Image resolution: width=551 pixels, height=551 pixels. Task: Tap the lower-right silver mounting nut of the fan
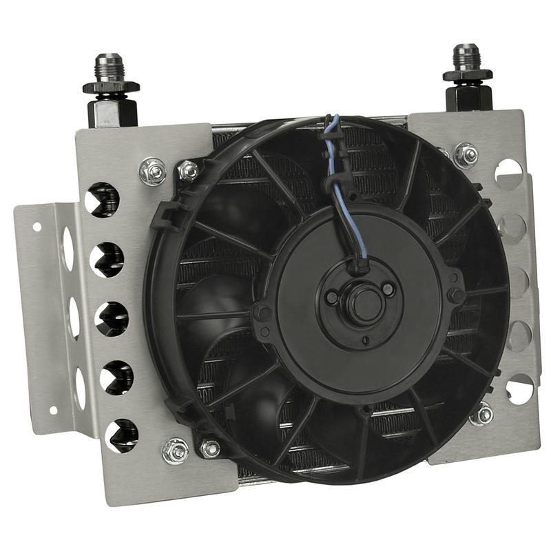coord(481,414)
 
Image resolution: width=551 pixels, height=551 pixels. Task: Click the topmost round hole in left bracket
coord(103,199)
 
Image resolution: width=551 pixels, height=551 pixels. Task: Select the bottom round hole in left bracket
coord(121,436)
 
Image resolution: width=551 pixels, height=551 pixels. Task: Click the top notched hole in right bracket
coord(508,171)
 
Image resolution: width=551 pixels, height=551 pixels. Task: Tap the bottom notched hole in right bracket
coord(519,389)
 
